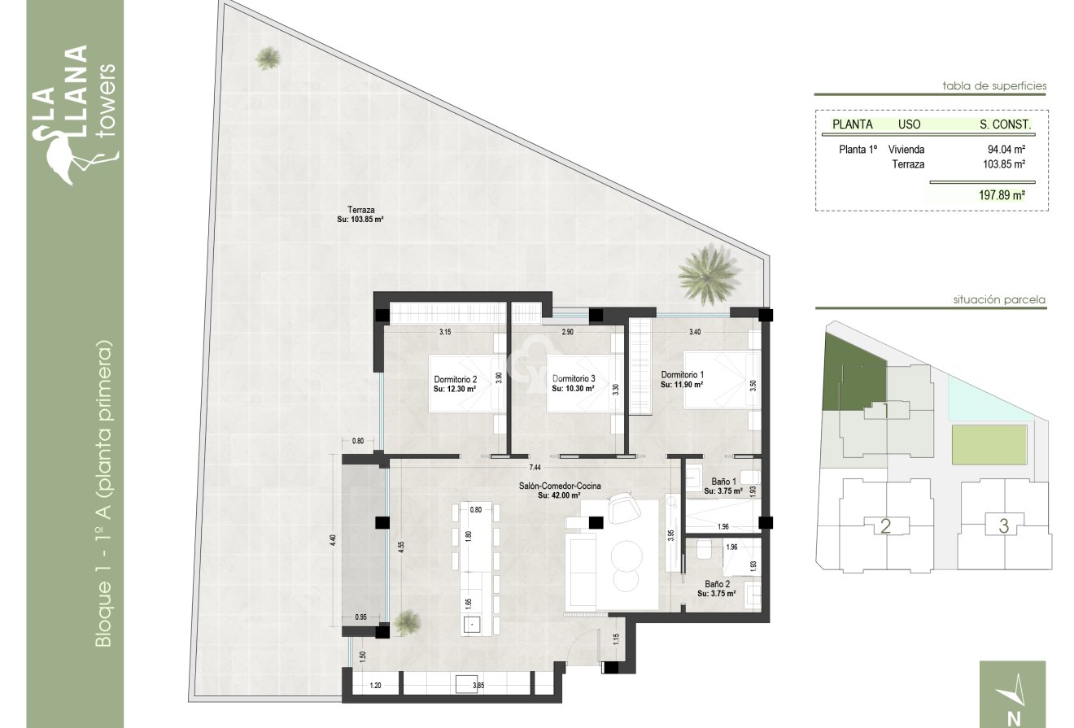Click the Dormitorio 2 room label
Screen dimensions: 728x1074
455,380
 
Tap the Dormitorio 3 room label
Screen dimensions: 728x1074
574,380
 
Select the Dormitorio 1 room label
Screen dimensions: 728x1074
682,375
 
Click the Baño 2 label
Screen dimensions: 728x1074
716,584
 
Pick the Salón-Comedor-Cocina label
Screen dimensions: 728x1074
561,486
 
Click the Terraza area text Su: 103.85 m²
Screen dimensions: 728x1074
360,219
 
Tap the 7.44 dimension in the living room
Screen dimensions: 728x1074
535,468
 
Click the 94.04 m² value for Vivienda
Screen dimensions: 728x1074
1005,150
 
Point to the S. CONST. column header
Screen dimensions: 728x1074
1006,125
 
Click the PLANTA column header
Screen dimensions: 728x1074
853,125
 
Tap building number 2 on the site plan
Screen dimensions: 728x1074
886,526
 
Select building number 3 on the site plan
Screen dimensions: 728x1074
1003,526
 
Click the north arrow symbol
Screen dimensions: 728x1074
1014,691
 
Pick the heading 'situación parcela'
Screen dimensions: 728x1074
999,300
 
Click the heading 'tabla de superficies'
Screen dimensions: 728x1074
993,85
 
